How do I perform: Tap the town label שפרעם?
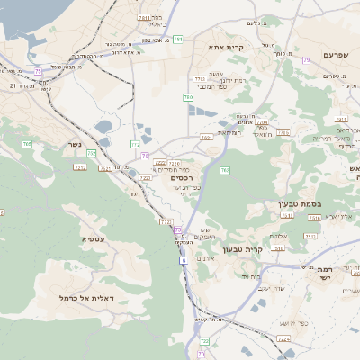pyautogui.click(x=334, y=55)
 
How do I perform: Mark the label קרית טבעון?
pyautogui.click(x=265, y=248)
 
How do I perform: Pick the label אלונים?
pyautogui.click(x=279, y=235)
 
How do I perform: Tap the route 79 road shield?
pyautogui.click(x=306, y=60)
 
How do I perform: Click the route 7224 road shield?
pyautogui.click(x=283, y=338)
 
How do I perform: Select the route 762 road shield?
pyautogui.click(x=225, y=169)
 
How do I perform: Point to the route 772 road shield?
pyautogui.click(x=166, y=221)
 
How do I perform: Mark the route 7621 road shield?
pyautogui.click(x=207, y=138)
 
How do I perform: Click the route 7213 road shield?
pyautogui.click(x=80, y=167)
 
